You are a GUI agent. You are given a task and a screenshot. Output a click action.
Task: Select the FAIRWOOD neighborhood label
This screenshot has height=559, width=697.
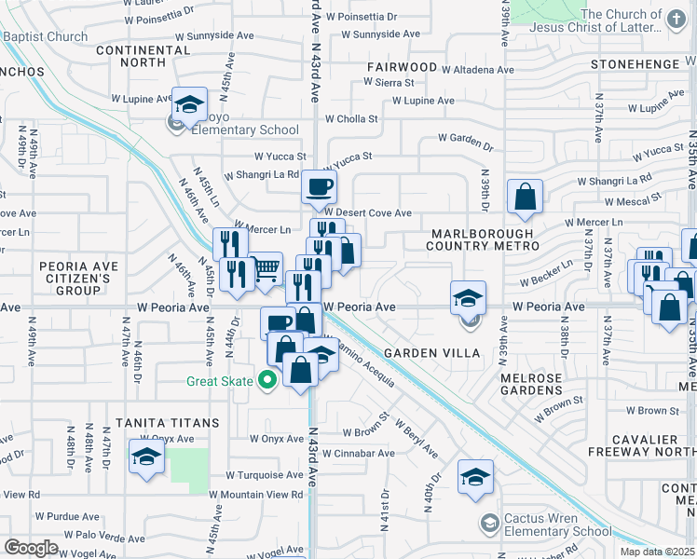coord(402,67)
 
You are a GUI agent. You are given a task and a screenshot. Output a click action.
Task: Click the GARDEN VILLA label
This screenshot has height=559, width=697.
coord(431,353)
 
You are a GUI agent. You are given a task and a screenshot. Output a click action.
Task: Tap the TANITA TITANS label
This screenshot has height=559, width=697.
coord(162,422)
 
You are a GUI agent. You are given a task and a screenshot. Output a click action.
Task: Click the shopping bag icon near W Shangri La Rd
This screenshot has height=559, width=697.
coord(526,196)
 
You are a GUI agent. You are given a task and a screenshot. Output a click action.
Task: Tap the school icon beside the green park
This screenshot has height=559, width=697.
coord(147,457)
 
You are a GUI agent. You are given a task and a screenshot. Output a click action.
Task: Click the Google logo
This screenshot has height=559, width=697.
coord(32,548)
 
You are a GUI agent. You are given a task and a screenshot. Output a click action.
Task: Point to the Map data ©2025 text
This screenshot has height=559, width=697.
coord(656,552)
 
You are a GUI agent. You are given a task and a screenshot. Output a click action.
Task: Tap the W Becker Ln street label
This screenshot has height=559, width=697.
coord(544,279)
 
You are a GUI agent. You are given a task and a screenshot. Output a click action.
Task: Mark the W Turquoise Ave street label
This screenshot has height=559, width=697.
coord(256,474)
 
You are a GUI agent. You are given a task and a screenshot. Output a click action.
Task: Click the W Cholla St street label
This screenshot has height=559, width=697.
coord(351,119)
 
